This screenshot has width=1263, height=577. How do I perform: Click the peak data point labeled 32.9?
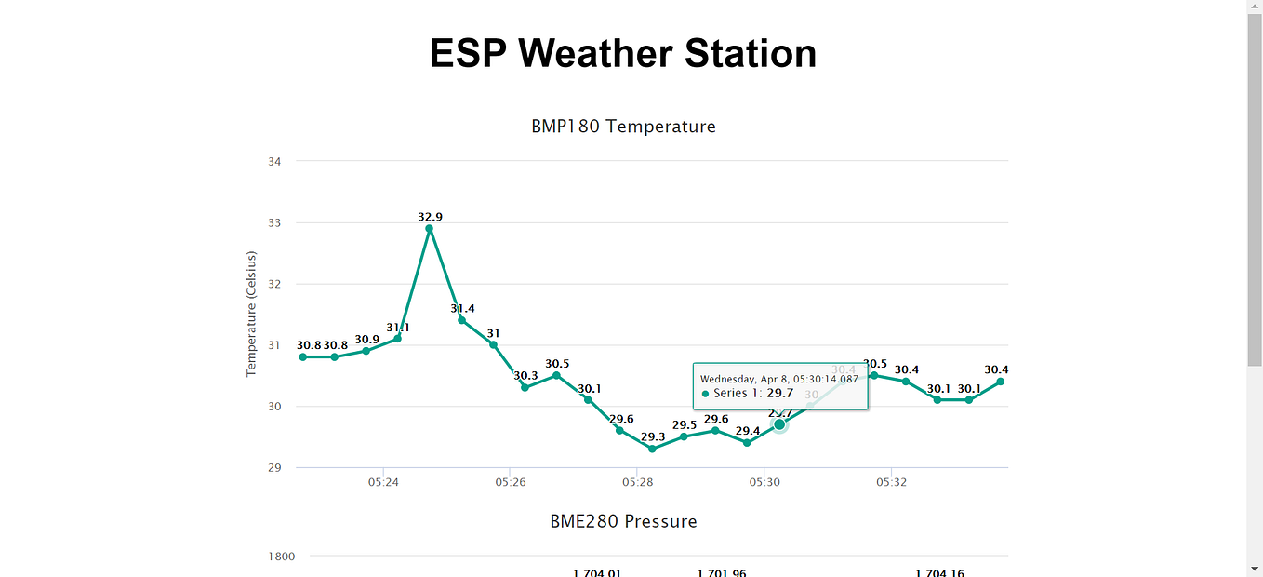(429, 228)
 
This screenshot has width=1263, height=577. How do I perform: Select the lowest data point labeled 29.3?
(652, 449)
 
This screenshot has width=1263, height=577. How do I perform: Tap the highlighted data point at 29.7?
(779, 424)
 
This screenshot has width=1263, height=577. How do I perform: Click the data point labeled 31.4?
(461, 320)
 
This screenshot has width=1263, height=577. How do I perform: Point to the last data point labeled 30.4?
(1001, 382)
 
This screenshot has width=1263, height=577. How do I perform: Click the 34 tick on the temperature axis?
(274, 162)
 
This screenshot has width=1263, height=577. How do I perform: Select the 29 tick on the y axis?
(274, 467)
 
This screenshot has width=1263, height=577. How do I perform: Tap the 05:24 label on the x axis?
(383, 483)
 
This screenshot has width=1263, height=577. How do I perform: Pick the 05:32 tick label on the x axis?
(891, 483)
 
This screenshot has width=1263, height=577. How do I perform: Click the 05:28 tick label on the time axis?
(637, 483)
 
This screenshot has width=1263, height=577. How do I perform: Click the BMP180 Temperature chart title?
(623, 127)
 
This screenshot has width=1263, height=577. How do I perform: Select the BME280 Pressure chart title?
(623, 521)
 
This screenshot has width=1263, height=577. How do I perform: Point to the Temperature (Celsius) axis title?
(251, 314)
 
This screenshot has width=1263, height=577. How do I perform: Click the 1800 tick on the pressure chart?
(282, 557)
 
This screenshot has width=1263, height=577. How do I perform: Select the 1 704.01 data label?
(596, 572)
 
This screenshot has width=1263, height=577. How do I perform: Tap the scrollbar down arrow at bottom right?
(1255, 569)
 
